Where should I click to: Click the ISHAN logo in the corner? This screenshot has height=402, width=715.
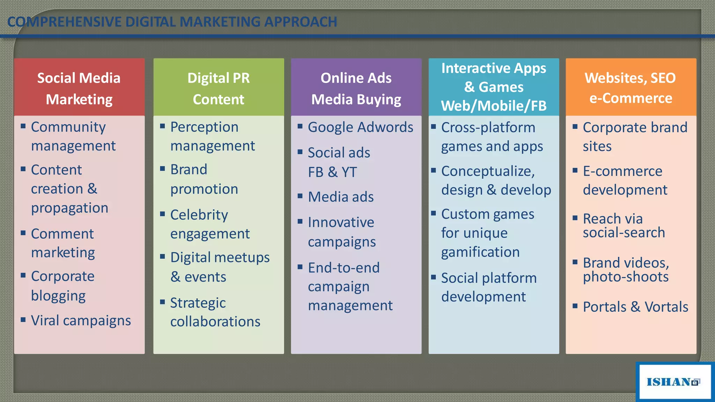(x=673, y=382)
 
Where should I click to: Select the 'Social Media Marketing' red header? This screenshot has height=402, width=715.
(x=79, y=87)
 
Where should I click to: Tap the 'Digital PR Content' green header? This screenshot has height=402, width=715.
(x=219, y=87)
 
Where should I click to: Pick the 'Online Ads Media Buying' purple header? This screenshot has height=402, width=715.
(x=356, y=87)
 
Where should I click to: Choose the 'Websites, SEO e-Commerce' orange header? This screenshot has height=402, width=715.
(x=631, y=87)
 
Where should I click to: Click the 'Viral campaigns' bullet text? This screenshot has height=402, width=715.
(x=81, y=320)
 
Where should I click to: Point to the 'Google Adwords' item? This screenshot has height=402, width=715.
(x=360, y=127)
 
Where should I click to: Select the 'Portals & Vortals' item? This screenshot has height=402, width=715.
(x=635, y=307)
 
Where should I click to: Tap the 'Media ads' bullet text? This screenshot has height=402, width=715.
(x=341, y=197)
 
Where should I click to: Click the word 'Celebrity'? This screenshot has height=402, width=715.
(x=199, y=215)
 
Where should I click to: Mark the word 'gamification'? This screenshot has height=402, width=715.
(x=480, y=252)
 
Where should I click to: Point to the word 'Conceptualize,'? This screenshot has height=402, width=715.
(x=488, y=171)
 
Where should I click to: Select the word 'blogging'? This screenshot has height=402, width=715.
(x=58, y=296)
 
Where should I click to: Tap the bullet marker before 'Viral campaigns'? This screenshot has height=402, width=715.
(x=23, y=319)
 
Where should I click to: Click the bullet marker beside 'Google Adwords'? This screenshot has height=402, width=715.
(x=300, y=126)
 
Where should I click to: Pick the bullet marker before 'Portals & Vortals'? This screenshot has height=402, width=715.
(x=575, y=306)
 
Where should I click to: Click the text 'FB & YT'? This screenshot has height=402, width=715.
(x=332, y=172)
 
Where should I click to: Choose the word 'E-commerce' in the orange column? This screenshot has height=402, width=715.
(x=622, y=171)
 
